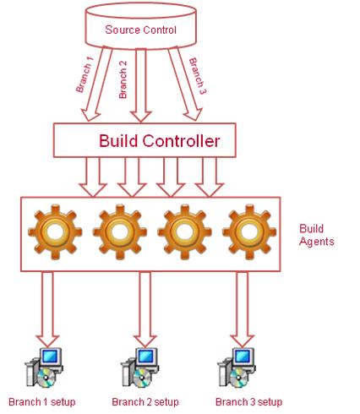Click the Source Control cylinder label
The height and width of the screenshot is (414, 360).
click(x=140, y=30)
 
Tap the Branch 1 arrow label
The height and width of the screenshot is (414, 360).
click(x=85, y=74)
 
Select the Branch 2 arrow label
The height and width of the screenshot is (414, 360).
click(x=123, y=79)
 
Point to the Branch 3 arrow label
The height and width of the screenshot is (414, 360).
click(x=198, y=76)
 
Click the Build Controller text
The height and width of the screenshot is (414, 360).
click(x=159, y=140)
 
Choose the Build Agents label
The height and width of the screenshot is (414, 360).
click(x=317, y=235)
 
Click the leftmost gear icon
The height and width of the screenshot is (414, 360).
click(x=55, y=232)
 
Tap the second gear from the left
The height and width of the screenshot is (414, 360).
click(x=120, y=232)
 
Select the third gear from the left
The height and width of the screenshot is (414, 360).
click(x=184, y=232)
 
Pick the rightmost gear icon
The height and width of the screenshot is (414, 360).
click(x=249, y=232)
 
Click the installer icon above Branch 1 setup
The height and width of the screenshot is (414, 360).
click(x=44, y=368)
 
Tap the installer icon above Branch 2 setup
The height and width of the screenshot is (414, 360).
click(x=139, y=368)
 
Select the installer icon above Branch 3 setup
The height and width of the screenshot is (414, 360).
click(x=237, y=368)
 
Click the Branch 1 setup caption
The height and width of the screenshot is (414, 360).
click(x=42, y=401)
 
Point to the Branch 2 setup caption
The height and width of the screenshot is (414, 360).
click(x=145, y=401)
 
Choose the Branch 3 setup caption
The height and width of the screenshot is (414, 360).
click(x=248, y=401)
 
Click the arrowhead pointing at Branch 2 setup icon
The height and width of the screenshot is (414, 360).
click(x=145, y=341)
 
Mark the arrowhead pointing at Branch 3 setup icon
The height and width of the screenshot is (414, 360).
click(x=242, y=341)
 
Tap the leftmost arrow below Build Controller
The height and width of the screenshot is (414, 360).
click(x=93, y=177)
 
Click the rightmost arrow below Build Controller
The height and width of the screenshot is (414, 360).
click(x=210, y=177)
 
